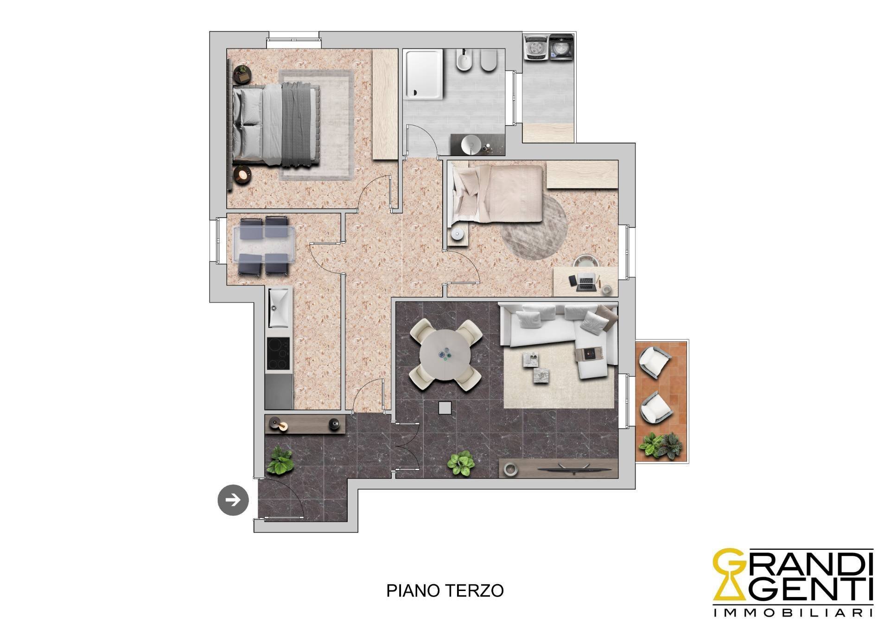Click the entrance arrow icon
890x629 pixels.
233,500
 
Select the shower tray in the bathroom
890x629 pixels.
424,75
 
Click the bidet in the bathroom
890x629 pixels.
464,60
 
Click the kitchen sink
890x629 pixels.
279,307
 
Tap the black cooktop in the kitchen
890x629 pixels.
279,354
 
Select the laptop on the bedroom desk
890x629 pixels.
585,283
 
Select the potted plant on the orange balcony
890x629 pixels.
661,446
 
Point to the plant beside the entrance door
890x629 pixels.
280,460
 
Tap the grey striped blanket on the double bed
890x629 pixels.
300,124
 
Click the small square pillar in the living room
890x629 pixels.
445,408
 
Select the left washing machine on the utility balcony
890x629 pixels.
536,48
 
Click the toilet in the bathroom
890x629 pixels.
488,61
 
